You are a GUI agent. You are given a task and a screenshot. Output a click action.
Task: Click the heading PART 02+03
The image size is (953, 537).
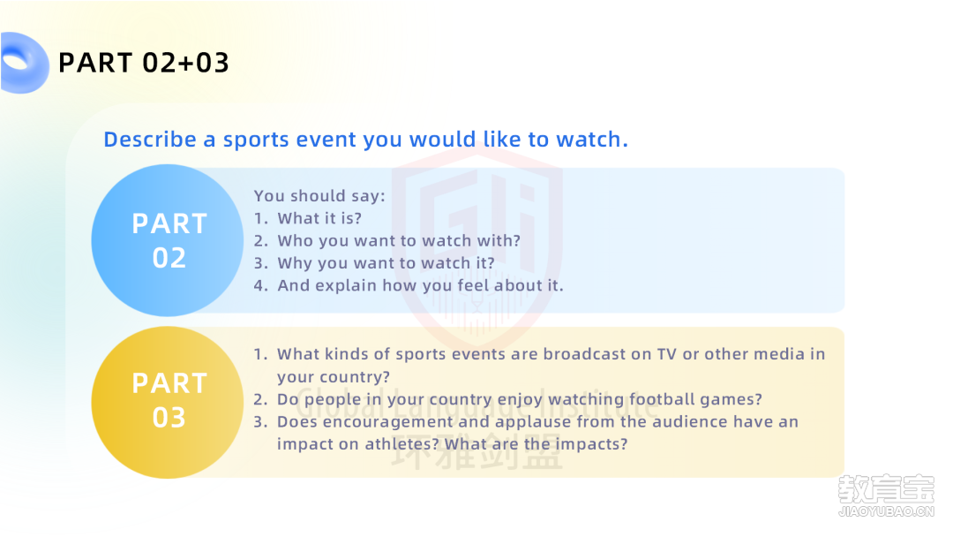click(144, 63)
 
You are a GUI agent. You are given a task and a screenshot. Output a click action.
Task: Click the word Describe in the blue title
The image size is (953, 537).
click(150, 140)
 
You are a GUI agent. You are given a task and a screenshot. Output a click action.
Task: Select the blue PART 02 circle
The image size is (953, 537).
click(168, 240)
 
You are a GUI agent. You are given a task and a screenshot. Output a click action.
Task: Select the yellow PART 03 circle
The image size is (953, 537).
click(168, 402)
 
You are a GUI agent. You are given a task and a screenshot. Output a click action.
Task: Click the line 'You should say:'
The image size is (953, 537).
click(319, 196)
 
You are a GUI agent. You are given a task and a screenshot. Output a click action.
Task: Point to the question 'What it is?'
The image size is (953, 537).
click(319, 218)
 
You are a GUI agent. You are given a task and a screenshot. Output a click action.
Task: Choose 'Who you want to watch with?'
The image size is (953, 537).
click(399, 241)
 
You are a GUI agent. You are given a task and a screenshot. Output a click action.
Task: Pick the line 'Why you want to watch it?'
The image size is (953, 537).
click(386, 263)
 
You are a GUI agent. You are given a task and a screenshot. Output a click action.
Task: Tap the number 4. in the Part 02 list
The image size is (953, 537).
click(260, 286)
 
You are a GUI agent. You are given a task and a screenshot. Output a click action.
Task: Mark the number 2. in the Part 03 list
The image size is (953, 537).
click(260, 399)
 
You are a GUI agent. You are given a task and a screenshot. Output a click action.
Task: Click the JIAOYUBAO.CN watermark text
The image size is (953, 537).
click(886, 511)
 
